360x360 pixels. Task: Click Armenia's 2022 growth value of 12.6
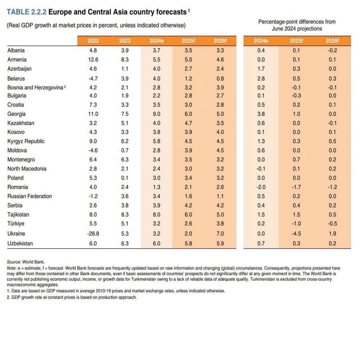click(93, 60)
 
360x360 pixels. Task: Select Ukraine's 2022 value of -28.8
click(93, 234)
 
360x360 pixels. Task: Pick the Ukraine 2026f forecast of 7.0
click(219, 234)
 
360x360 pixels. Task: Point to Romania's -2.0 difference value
click(261, 187)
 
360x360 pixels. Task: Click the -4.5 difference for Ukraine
click(296, 234)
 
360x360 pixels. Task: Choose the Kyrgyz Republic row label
click(26, 141)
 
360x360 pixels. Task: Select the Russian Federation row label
click(30, 196)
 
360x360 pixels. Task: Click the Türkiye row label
click(16, 224)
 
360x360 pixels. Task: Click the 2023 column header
click(124, 41)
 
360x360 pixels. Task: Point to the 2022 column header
click(93, 41)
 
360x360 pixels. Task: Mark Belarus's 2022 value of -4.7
click(93, 78)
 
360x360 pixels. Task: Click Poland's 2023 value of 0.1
click(124, 178)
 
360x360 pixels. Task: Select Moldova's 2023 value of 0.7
click(124, 150)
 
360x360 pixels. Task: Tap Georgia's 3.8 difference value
click(261, 114)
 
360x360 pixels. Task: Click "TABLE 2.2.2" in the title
click(26, 12)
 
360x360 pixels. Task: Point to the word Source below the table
click(14, 262)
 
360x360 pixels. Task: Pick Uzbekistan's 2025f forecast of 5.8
click(187, 243)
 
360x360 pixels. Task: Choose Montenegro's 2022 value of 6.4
click(93, 160)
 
